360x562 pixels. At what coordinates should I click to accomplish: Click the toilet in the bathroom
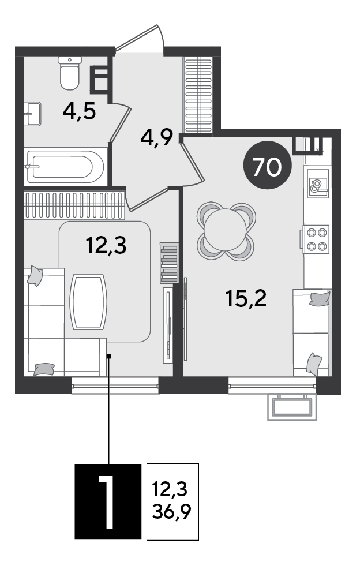(x=69, y=73)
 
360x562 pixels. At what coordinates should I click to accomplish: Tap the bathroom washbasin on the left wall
(x=33, y=114)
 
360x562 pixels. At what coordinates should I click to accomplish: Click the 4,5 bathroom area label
(x=79, y=111)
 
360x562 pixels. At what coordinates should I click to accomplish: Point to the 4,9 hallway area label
(x=157, y=137)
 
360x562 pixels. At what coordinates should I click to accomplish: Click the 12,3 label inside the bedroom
(x=106, y=246)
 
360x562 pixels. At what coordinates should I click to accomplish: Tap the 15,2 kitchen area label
(x=246, y=298)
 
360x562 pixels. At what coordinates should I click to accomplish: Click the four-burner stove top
(x=316, y=239)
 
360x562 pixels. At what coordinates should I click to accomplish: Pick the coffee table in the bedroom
(x=88, y=302)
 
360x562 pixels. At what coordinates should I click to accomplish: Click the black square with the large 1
(x=108, y=501)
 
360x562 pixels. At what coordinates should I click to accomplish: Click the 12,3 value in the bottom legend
(x=170, y=489)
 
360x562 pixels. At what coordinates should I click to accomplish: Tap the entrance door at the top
(x=140, y=39)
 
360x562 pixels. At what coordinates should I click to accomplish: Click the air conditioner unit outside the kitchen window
(x=292, y=407)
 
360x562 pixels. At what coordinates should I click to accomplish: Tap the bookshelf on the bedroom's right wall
(x=169, y=263)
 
